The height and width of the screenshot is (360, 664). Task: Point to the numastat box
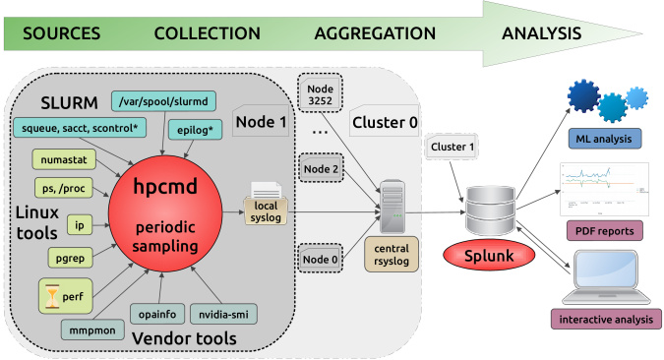tap(64, 158)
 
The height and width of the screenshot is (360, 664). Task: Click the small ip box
tap(80, 224)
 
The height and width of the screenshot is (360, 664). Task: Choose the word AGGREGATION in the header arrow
tap(375, 32)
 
